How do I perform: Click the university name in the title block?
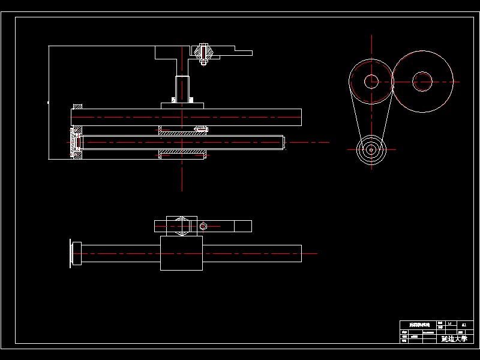(x=453, y=339)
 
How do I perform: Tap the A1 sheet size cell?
(x=462, y=324)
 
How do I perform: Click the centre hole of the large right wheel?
(x=422, y=81)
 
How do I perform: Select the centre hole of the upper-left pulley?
(x=372, y=81)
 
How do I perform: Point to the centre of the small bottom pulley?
(x=371, y=151)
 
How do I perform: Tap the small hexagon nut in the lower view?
(x=203, y=226)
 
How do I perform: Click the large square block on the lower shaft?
(x=182, y=253)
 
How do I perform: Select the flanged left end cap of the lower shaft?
(x=76, y=254)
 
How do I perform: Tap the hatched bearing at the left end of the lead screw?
(x=76, y=142)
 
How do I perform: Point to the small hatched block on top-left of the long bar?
(x=77, y=106)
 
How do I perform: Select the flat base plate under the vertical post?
(x=182, y=106)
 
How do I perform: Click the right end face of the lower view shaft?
(x=300, y=254)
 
